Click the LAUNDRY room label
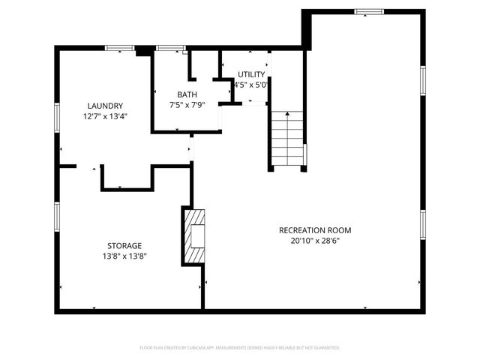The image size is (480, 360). click(x=104, y=106)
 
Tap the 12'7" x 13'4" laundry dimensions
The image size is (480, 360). click(x=104, y=116)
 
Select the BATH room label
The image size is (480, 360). click(x=187, y=94)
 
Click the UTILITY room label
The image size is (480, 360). click(x=251, y=74)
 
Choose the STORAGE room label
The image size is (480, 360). click(x=124, y=245)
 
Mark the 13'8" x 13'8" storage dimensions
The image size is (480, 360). click(x=124, y=256)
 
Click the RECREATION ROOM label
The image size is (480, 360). click(x=315, y=230)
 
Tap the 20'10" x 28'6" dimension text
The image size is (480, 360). click(x=315, y=241)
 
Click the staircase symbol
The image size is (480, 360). click(x=288, y=140)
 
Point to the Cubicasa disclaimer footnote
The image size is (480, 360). click(x=240, y=348)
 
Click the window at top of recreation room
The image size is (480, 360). click(x=368, y=11)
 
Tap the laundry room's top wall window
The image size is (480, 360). click(x=119, y=48)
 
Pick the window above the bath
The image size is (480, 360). click(x=171, y=48)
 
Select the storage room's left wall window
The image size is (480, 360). click(x=56, y=215)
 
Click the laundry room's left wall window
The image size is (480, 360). click(x=56, y=118)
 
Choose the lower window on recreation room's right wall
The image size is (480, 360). click(x=423, y=223)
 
